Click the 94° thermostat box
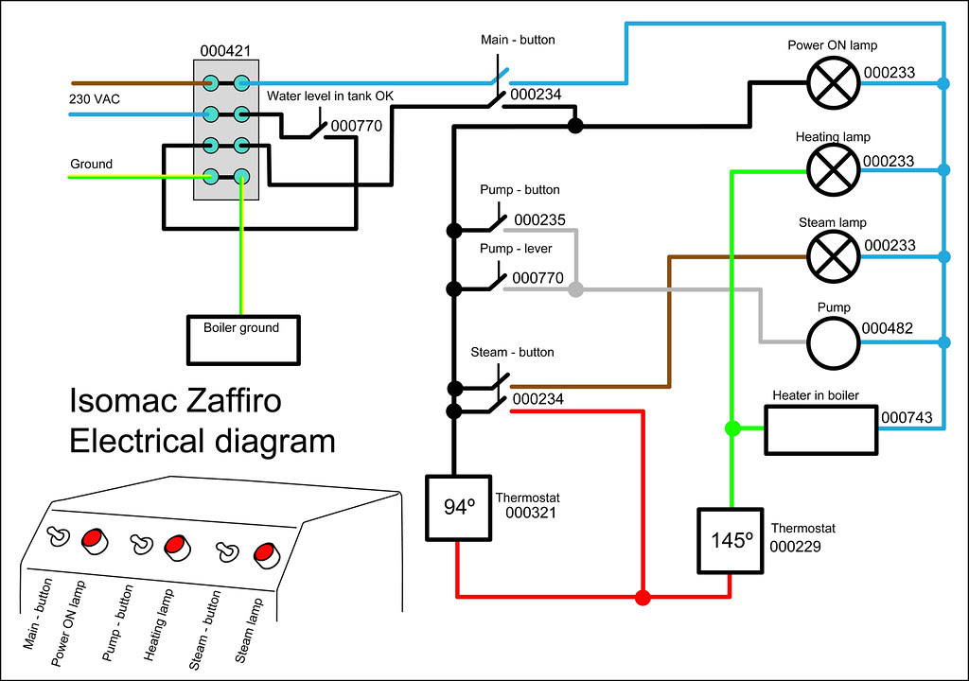click(x=456, y=508)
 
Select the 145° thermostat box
click(x=731, y=541)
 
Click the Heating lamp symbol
click(x=832, y=170)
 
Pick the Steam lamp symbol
click(x=832, y=256)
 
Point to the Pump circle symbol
click(x=832, y=342)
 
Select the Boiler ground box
click(x=241, y=339)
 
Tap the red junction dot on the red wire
click(x=643, y=598)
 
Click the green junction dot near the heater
click(x=731, y=428)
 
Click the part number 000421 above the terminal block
click(x=225, y=49)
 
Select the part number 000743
click(x=906, y=417)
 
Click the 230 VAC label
click(x=94, y=98)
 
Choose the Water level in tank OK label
click(x=329, y=96)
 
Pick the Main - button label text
click(x=518, y=40)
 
